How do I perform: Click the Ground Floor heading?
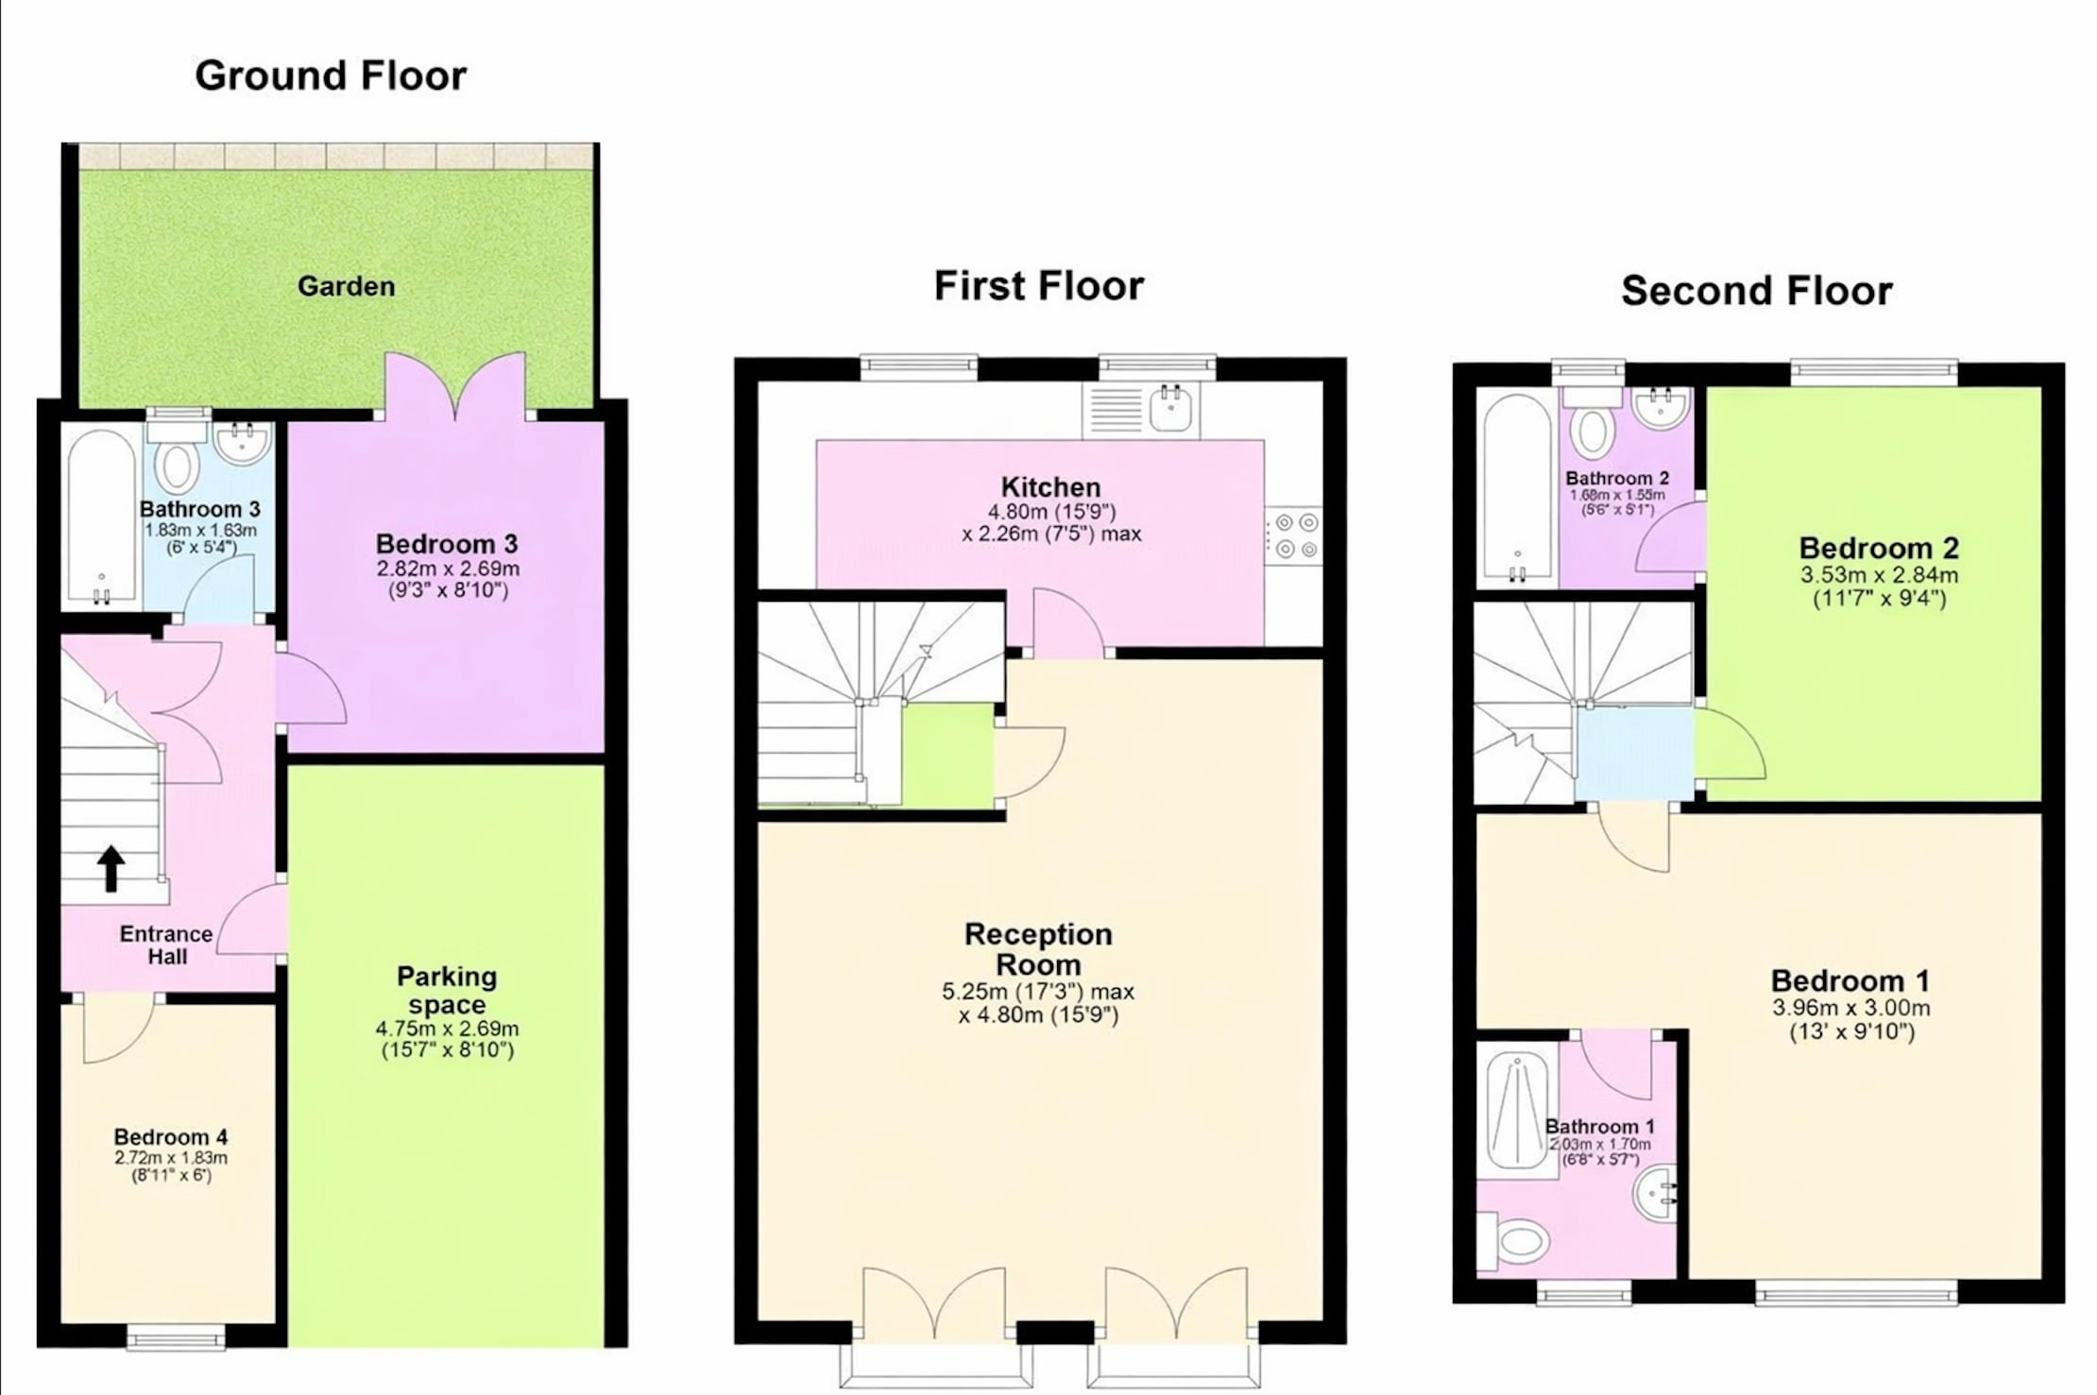331,76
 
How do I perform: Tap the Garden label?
346,286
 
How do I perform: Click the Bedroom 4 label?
170,1137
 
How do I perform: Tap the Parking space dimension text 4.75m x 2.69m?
447,1029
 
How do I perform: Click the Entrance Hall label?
166,945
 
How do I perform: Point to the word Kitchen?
1050,487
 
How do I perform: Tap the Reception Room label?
1038,949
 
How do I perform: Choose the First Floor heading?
1039,285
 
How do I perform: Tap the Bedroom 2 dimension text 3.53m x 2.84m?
1880,574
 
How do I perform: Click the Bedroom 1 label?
1850,980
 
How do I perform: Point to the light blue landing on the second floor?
1633,754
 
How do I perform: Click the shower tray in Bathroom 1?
1517,1111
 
